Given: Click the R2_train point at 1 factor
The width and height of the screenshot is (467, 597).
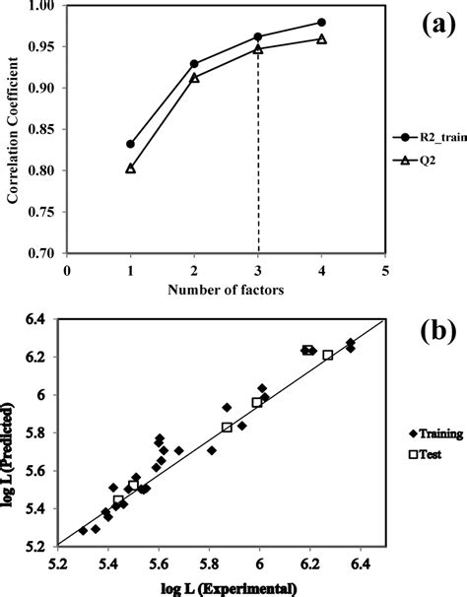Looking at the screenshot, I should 130,144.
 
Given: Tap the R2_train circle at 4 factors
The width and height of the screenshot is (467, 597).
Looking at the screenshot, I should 322,22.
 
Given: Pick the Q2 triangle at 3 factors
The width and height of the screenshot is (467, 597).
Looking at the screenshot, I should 258,48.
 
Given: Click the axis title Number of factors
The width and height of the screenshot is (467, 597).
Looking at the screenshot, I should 226,290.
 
